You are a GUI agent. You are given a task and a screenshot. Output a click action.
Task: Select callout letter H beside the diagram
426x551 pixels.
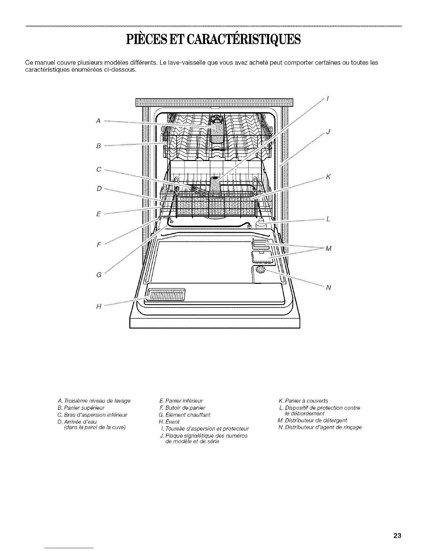coord(99,306)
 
